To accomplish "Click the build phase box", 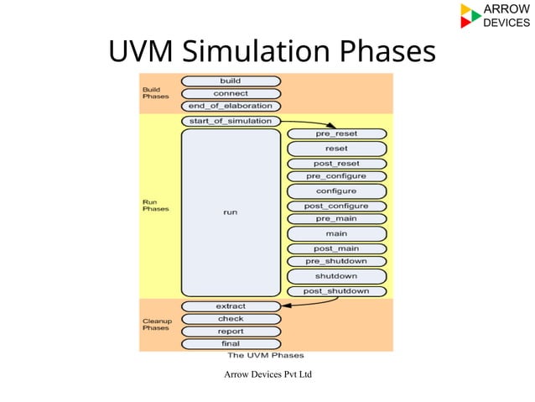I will (x=231, y=81).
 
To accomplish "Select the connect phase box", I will (x=231, y=94).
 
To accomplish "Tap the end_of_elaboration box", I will (x=231, y=107).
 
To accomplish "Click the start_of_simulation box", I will (x=231, y=121).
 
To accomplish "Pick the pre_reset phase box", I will (x=336, y=134).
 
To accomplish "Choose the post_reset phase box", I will (x=336, y=164).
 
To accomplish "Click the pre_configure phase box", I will (x=336, y=177).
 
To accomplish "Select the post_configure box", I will (x=336, y=206).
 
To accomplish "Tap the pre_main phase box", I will (x=336, y=219).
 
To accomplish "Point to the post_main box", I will (x=336, y=248).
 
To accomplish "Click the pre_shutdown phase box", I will (x=336, y=261).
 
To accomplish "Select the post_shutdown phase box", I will (x=336, y=291).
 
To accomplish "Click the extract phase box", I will (x=231, y=306).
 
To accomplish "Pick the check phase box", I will (x=231, y=319).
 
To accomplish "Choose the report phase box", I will (x=231, y=332).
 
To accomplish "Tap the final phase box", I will (x=231, y=344).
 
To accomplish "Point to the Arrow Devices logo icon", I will (x=470, y=16).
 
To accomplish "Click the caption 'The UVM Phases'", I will (x=266, y=356).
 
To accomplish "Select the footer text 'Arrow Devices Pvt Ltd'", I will (x=267, y=373).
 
